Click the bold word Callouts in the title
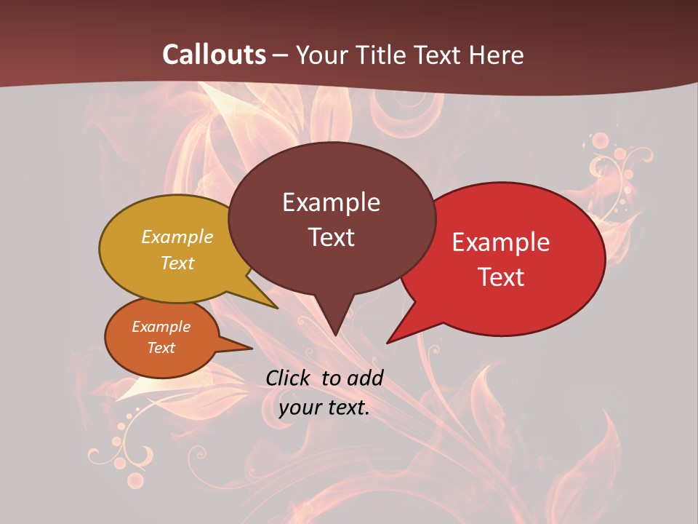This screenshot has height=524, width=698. (x=214, y=55)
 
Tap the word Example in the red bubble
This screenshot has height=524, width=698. (x=501, y=242)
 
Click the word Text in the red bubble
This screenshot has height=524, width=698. (x=501, y=277)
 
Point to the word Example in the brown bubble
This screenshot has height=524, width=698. (x=331, y=202)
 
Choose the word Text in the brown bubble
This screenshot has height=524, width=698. (x=331, y=237)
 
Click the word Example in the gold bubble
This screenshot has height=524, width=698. (x=177, y=237)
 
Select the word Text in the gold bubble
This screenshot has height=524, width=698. (x=177, y=263)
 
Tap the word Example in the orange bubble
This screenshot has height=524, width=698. (x=161, y=327)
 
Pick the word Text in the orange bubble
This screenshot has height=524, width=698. (x=161, y=348)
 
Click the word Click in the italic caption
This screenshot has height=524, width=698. (x=290, y=378)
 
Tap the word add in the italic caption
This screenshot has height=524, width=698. (x=365, y=378)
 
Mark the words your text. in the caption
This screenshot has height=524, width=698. (x=324, y=408)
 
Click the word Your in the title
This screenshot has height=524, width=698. (x=321, y=55)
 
